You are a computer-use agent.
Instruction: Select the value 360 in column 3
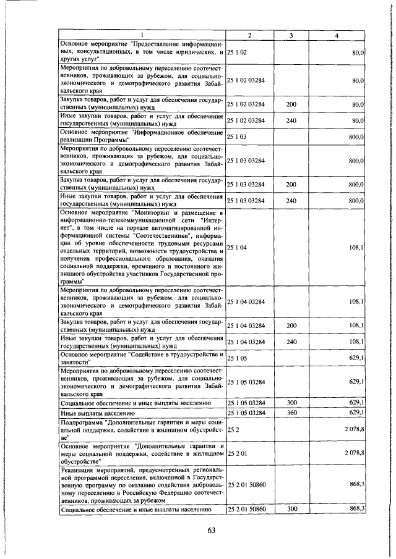point(291,412)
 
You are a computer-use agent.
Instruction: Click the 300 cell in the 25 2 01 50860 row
point(291,508)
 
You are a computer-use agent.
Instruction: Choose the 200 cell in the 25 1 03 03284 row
point(291,184)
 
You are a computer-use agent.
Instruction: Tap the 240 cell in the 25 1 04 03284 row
point(291,341)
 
